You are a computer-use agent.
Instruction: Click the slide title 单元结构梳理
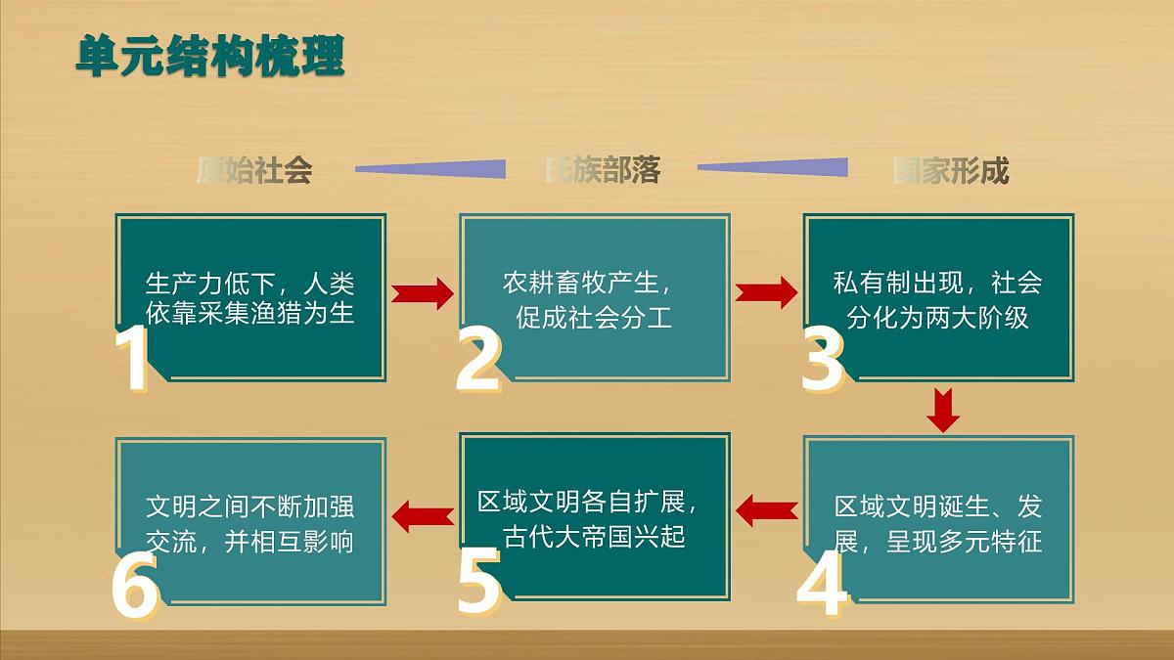[210, 56]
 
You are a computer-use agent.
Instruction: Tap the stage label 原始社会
[254, 171]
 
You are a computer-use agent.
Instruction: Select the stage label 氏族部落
[603, 170]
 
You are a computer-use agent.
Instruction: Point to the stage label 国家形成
[950, 171]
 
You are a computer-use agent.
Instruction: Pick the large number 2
[478, 359]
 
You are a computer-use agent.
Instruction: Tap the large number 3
[823, 359]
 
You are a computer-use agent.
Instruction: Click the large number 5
[478, 583]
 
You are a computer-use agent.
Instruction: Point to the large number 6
[134, 585]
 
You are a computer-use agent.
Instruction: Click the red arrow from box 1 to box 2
[423, 292]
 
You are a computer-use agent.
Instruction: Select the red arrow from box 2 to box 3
[766, 291]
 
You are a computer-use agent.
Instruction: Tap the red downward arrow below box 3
[943, 409]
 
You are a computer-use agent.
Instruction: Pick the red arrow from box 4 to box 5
[766, 508]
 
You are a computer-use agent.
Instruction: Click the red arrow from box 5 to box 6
[423, 513]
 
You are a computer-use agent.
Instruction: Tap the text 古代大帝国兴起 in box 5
[594, 537]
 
